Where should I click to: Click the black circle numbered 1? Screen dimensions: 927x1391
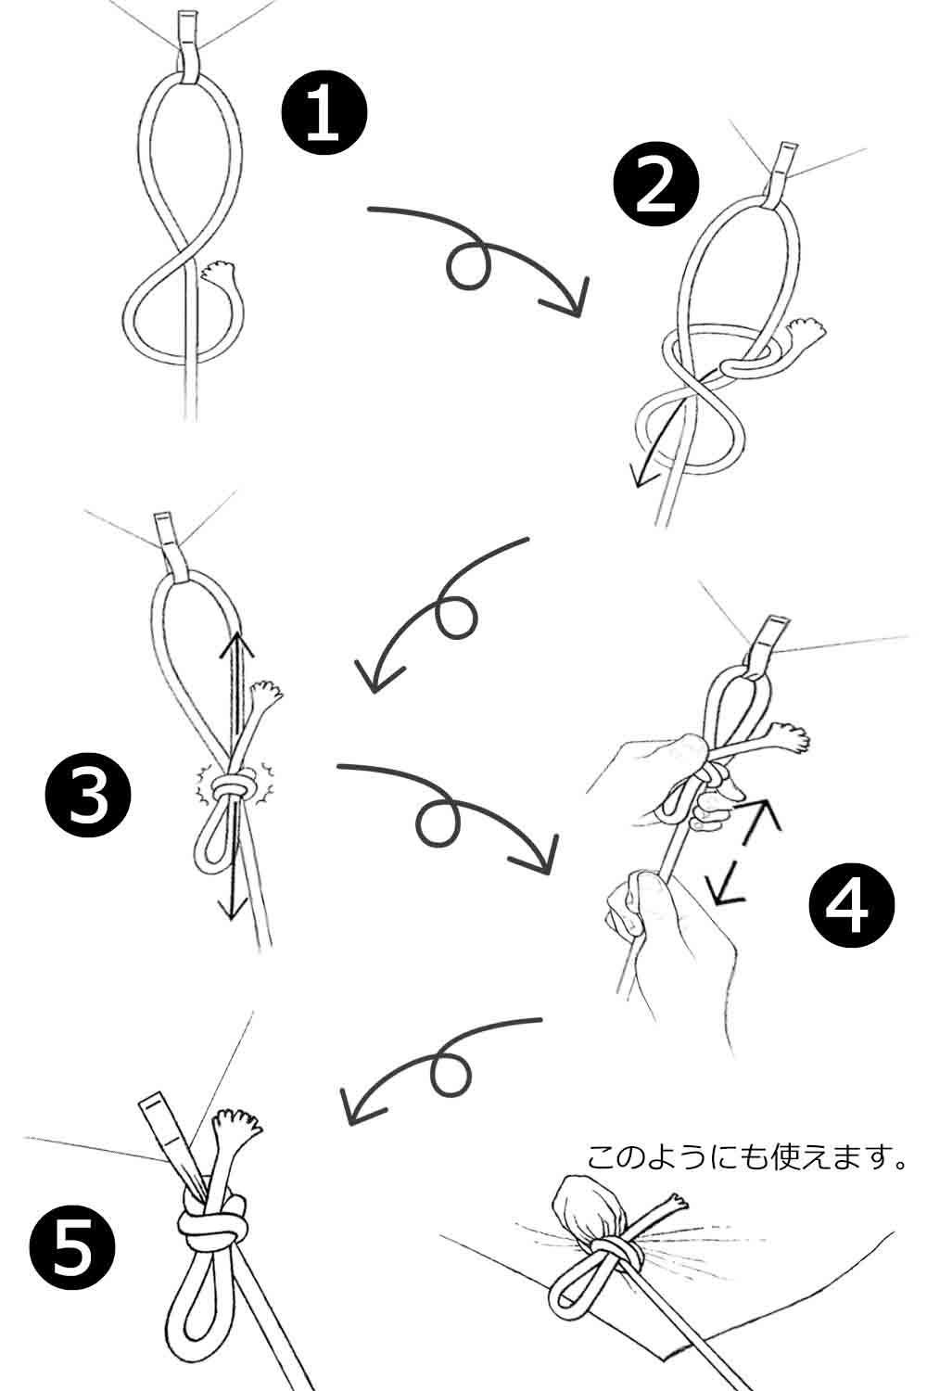pyautogui.click(x=324, y=112)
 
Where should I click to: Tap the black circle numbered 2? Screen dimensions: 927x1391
pyautogui.click(x=656, y=185)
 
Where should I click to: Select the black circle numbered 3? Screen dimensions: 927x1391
pyautogui.click(x=88, y=796)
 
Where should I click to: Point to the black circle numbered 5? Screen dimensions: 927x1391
pyautogui.click(x=72, y=1247)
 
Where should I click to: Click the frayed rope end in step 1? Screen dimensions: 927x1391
pyautogui.click(x=219, y=272)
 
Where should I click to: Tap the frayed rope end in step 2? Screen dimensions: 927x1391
pyautogui.click(x=806, y=328)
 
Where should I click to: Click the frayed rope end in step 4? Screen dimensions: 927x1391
pyautogui.click(x=789, y=736)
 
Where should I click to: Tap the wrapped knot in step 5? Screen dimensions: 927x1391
pyautogui.click(x=211, y=1219)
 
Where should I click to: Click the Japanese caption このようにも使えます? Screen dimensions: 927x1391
pyautogui.click(x=746, y=1157)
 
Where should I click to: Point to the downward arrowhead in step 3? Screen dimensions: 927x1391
pyautogui.click(x=231, y=910)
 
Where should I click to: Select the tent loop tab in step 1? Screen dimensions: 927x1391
pyautogui.click(x=189, y=45)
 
